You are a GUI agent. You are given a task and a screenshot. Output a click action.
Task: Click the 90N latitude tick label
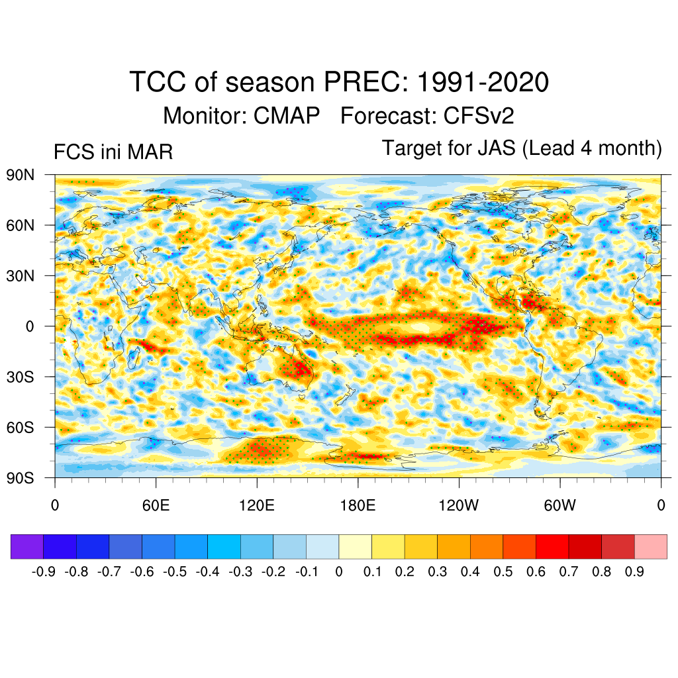click(20, 175)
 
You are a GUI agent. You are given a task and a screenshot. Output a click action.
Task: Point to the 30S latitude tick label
click(20, 377)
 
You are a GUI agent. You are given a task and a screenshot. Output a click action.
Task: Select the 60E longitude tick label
click(156, 506)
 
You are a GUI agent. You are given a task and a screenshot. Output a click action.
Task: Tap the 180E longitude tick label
click(358, 506)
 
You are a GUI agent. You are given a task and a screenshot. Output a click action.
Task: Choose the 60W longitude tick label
click(559, 506)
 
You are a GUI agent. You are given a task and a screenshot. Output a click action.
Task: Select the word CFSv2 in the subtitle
click(479, 116)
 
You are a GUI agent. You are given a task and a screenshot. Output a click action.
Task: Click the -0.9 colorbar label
click(44, 571)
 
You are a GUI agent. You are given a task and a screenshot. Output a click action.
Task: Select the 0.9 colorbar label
click(634, 571)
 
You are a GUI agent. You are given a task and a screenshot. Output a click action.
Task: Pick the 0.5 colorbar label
click(503, 571)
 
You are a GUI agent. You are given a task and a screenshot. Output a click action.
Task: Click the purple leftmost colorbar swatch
click(27, 546)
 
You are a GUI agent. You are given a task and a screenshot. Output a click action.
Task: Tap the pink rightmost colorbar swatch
click(650, 546)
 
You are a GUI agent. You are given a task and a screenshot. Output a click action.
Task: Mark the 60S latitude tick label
click(20, 427)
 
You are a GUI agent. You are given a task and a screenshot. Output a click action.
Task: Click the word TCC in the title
click(158, 83)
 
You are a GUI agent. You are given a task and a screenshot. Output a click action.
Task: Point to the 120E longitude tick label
click(257, 506)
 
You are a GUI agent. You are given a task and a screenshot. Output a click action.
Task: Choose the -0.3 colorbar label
click(240, 571)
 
